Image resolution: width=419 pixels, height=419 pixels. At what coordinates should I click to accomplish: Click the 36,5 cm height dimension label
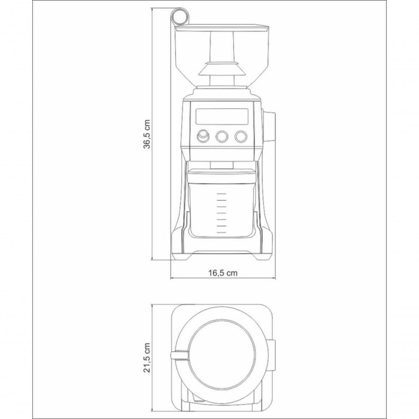[x=147, y=134]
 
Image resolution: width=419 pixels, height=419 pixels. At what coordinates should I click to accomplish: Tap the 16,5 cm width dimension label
[x=222, y=273]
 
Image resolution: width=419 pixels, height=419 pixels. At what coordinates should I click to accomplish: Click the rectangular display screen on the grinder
[x=222, y=116]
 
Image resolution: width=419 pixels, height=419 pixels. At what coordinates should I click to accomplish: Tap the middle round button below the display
[x=222, y=136]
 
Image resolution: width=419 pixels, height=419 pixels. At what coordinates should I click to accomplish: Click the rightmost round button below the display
[x=241, y=136]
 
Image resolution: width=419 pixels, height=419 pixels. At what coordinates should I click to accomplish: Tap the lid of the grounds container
[x=221, y=176]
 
